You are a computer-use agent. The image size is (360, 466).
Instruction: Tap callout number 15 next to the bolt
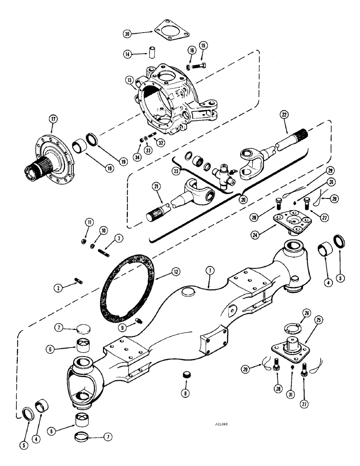click(x=203, y=45)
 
